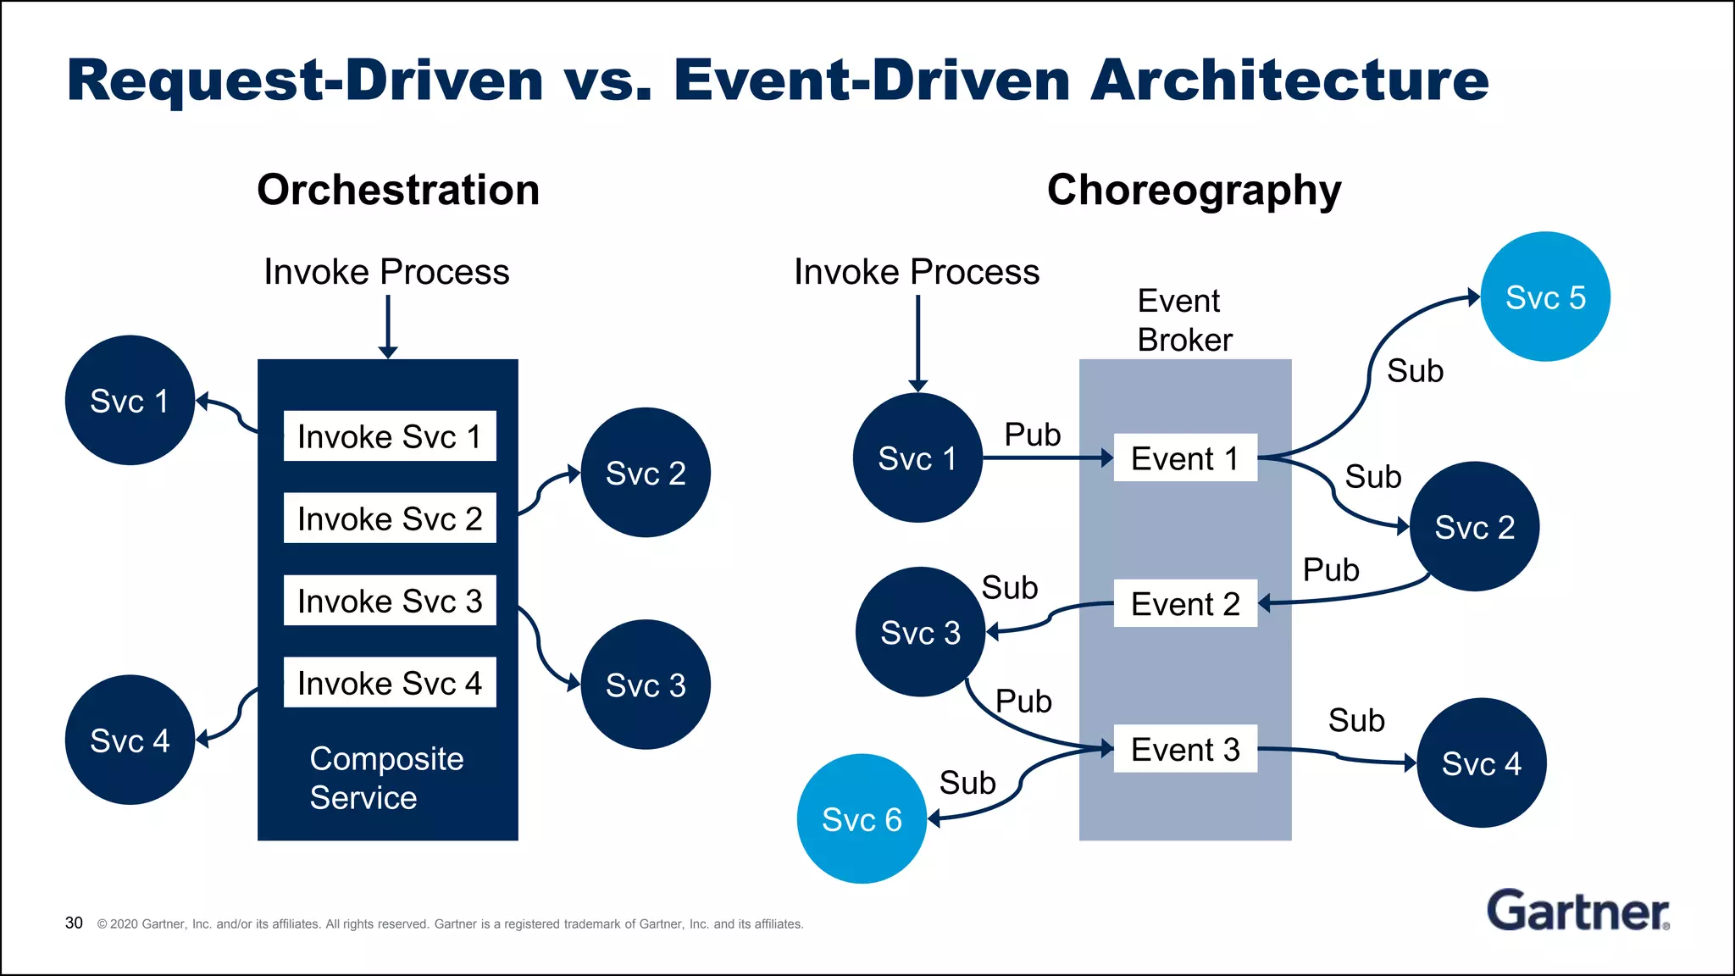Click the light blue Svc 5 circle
point(1544,297)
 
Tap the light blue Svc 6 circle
point(862,818)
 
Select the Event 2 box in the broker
point(1184,604)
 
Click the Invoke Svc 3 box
point(390,601)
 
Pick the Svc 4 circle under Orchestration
point(130,740)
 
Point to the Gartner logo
point(1577,911)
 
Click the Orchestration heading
point(398,190)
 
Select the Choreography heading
point(1194,190)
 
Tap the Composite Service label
point(386,778)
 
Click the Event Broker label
point(1183,320)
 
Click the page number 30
point(74,923)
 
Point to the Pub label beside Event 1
point(1032,435)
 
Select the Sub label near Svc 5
point(1415,371)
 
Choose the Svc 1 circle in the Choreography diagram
point(917,458)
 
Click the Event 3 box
point(1184,750)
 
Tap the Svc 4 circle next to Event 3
point(1481,763)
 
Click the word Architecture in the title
point(1289,80)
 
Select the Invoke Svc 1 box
point(390,436)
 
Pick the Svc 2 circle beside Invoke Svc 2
point(646,473)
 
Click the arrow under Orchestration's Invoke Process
point(388,326)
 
